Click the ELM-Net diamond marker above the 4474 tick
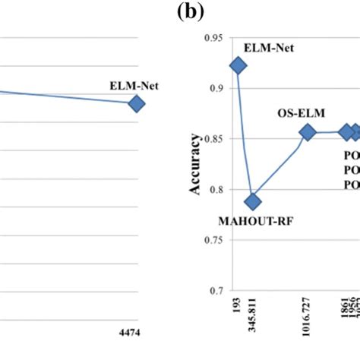(x=136, y=103)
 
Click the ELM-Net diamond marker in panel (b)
(x=238, y=66)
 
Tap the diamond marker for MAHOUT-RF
(x=253, y=201)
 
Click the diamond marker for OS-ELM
(x=308, y=132)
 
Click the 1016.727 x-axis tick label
(x=308, y=318)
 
